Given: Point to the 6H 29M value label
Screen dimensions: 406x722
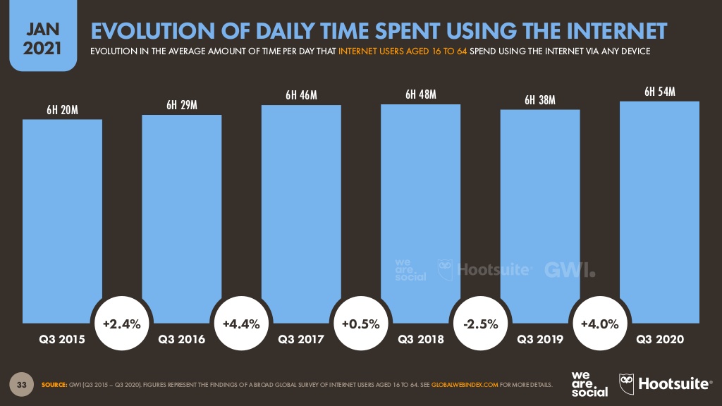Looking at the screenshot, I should [x=181, y=105].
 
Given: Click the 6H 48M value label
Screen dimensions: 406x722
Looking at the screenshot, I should [x=420, y=94].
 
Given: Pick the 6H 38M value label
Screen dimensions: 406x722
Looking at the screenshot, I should [x=540, y=100].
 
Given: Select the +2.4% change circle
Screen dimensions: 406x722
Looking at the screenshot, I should [x=122, y=324].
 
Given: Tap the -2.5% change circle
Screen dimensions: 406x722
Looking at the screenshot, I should [x=480, y=324].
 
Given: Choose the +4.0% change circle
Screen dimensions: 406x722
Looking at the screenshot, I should [x=599, y=324].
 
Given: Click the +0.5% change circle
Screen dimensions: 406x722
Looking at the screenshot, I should [x=361, y=324].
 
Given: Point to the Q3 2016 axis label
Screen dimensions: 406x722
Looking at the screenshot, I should [x=182, y=340].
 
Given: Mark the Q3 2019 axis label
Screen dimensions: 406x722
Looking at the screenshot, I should [x=540, y=340].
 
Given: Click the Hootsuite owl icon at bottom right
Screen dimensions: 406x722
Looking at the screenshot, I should [x=627, y=383].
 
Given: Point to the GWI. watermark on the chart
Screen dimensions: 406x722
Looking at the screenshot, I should [x=570, y=270].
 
